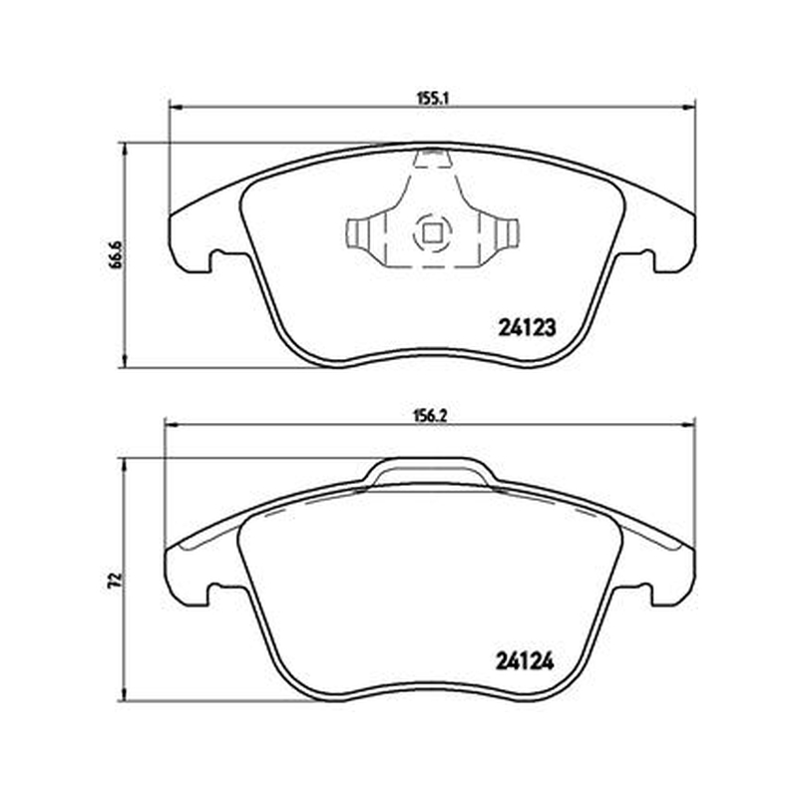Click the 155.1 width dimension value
[x=432, y=99]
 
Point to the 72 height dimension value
[x=116, y=580]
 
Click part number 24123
[x=528, y=328]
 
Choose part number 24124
[x=525, y=662]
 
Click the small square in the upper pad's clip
[x=432, y=234]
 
